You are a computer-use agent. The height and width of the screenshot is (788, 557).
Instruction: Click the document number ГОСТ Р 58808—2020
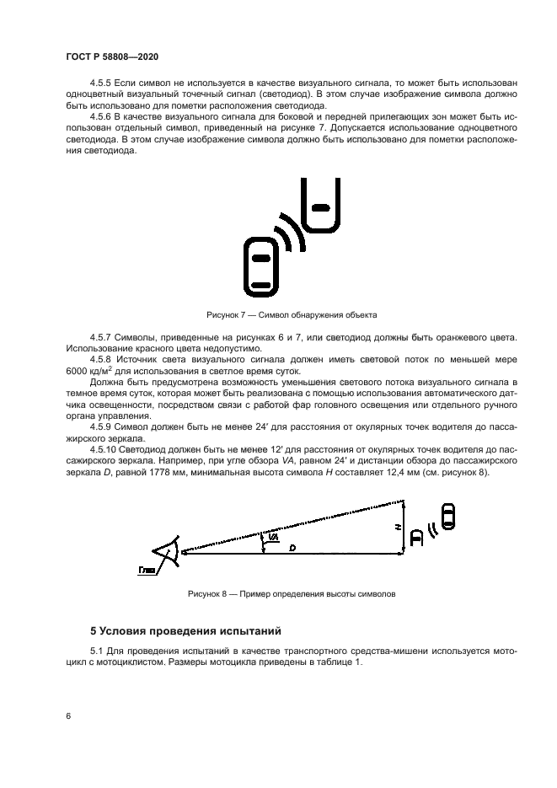tap(112, 56)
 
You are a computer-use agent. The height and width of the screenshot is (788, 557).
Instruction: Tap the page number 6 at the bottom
tap(67, 716)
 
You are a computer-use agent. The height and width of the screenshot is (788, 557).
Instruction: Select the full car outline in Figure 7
tap(261, 265)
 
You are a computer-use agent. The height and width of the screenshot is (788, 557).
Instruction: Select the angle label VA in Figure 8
tap(275, 536)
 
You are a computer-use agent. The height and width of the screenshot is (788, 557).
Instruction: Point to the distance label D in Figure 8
tap(292, 548)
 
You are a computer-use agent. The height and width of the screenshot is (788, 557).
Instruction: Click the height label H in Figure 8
tap(397, 526)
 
